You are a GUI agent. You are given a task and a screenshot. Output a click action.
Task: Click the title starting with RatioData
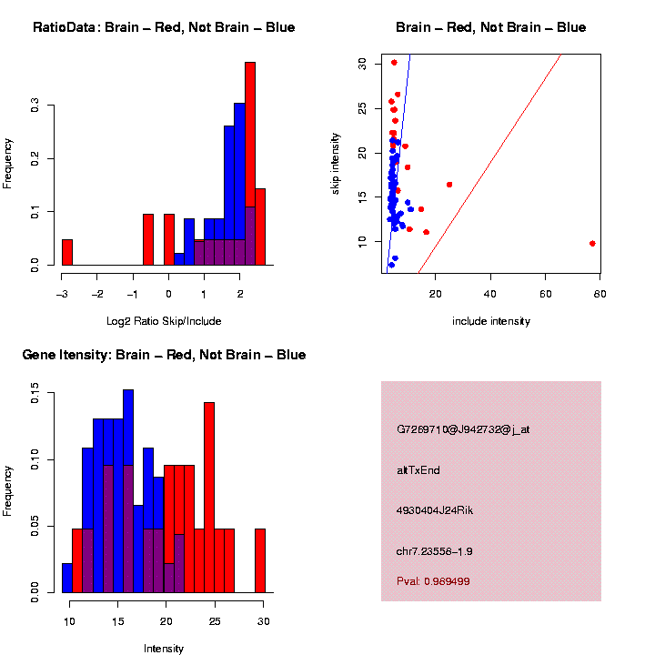[x=164, y=27]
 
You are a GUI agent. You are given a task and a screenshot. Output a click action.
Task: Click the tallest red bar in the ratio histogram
[x=250, y=164]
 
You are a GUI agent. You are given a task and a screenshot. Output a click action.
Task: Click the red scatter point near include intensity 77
[x=592, y=243]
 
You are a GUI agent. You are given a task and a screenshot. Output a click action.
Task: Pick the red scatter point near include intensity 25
[x=449, y=185]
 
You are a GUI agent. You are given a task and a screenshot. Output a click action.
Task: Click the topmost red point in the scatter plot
[x=394, y=63]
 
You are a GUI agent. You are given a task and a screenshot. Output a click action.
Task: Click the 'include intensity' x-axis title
[x=490, y=321]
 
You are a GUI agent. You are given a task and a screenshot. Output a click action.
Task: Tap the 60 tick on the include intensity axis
[x=546, y=292]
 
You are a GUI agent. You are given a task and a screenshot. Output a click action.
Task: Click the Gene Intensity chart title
[x=164, y=355]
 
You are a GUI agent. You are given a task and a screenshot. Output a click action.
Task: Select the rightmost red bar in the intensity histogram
[x=260, y=560]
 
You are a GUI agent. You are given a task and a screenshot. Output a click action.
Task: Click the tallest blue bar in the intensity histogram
[x=128, y=491]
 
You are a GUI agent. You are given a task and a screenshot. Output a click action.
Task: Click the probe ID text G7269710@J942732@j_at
[x=463, y=429]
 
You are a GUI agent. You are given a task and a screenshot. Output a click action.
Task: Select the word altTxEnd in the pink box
[x=418, y=470]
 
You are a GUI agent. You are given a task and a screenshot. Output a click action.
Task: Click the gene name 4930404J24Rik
[x=435, y=510]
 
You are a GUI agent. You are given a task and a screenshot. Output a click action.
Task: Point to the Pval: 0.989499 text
[x=433, y=580]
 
